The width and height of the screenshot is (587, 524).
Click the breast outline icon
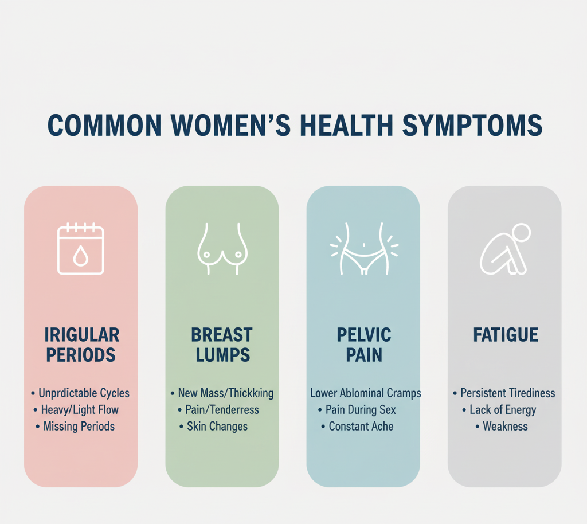(222, 249)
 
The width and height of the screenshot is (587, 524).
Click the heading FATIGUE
(505, 335)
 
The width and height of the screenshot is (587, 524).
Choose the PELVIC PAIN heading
(364, 344)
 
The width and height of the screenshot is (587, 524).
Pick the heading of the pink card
(83, 344)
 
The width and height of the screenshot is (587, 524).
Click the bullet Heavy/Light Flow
(80, 410)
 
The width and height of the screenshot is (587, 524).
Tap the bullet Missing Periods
(79, 427)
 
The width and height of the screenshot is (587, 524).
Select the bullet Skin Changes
(217, 427)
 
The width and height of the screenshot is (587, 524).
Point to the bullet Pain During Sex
(361, 410)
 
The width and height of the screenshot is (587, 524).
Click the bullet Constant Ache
(361, 427)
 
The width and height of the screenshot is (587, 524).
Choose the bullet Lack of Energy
(503, 410)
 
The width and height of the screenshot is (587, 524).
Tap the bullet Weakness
(505, 427)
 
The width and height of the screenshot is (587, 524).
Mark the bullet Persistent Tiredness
(508, 393)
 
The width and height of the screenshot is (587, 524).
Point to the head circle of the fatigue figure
(521, 234)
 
